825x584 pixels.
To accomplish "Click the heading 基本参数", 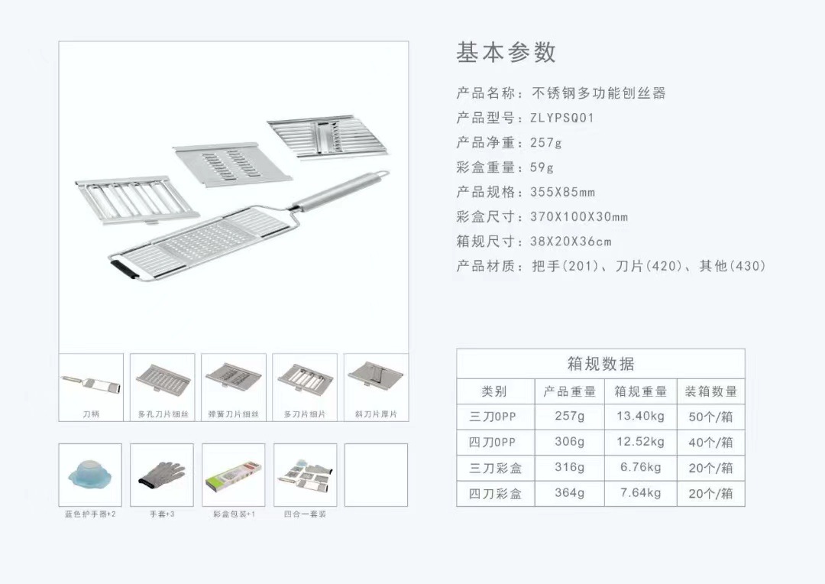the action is coord(506,52).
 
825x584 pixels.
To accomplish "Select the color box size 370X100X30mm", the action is coord(579,216).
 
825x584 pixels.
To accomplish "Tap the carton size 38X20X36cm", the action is coord(571,242).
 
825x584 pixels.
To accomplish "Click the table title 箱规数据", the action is coord(600,363).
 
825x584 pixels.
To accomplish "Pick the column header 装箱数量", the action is coord(710,391).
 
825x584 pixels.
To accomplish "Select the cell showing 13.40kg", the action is coord(640,417).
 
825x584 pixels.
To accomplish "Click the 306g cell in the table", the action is coord(570,442).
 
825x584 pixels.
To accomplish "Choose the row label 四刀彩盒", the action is coord(495,494).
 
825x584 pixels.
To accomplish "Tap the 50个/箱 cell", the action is coord(710,417).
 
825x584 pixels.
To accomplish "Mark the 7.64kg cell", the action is coord(640,493).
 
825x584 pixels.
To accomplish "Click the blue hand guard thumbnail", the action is coord(90,474).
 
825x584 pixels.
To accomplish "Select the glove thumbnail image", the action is coord(162,474).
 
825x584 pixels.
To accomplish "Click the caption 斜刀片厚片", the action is coord(376,414).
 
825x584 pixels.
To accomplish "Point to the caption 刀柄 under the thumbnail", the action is coord(91,414).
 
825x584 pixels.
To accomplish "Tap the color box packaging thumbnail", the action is coord(234,474).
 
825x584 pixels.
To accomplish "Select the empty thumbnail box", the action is coord(376,475).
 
